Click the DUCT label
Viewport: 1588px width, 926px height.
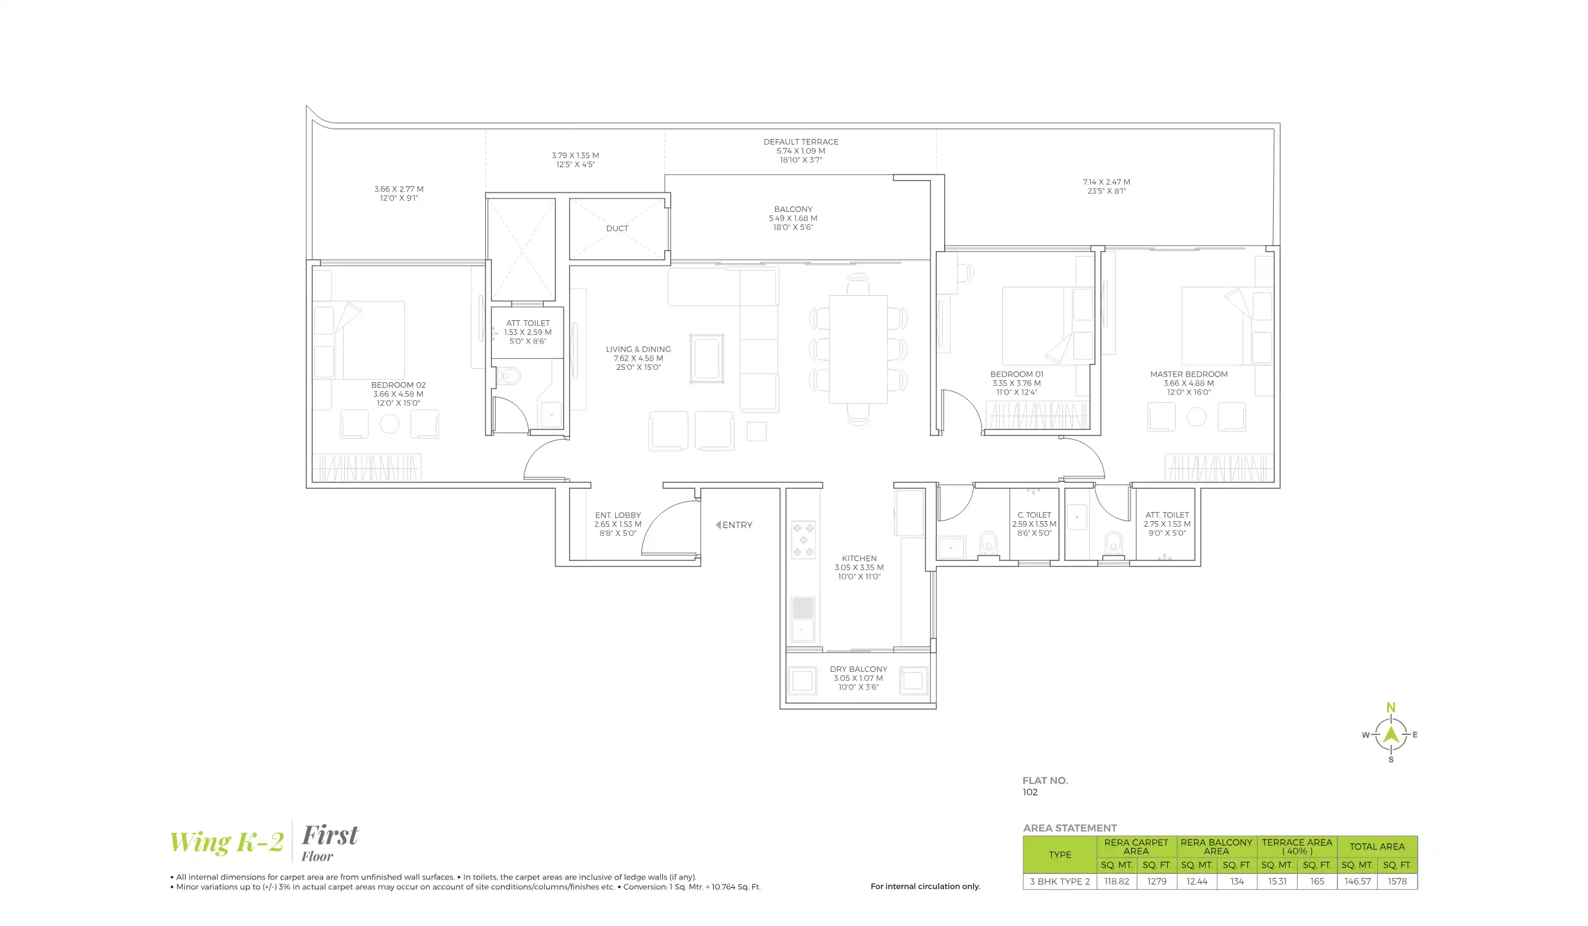(x=617, y=228)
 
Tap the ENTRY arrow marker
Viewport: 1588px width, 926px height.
(x=719, y=525)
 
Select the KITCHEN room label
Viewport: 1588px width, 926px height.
(x=859, y=559)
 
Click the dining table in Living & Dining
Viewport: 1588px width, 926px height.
(x=858, y=349)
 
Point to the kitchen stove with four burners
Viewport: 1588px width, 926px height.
(x=803, y=540)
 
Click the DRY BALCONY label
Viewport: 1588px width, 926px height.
(x=858, y=669)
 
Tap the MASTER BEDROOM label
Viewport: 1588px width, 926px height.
(x=1189, y=374)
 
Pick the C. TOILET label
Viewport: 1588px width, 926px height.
(x=1034, y=515)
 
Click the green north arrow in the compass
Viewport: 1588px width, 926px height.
(x=1391, y=733)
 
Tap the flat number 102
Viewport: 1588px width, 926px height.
(x=1030, y=792)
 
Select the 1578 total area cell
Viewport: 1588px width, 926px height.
(x=1396, y=881)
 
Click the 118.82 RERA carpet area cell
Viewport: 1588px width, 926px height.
(x=1116, y=881)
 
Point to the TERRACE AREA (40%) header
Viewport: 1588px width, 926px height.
(x=1296, y=846)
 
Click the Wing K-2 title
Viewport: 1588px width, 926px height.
(x=226, y=841)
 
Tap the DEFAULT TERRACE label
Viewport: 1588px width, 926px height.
(x=800, y=141)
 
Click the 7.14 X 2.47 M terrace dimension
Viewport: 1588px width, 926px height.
(x=1106, y=182)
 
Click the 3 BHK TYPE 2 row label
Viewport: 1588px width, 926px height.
(x=1059, y=881)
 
